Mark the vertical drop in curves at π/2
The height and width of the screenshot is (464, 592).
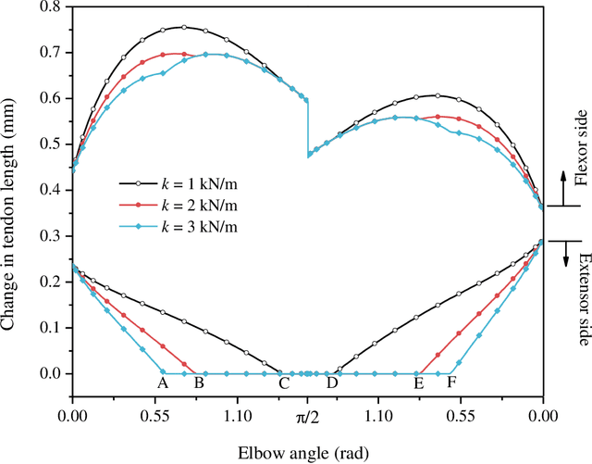point(308,127)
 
